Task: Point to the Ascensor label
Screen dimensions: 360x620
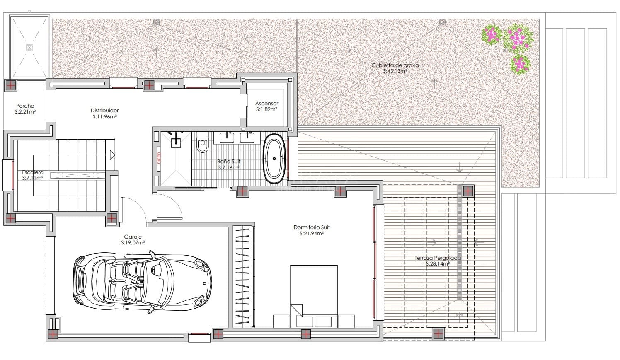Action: pos(266,104)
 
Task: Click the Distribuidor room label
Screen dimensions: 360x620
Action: pos(104,111)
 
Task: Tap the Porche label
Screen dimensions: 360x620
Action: pos(25,106)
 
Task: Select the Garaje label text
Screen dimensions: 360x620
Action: pos(133,237)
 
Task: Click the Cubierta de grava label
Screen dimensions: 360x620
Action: pos(395,65)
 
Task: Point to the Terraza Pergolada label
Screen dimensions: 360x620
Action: pos(438,258)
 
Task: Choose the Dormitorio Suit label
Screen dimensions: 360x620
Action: pos(312,227)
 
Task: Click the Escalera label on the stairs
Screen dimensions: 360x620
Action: pos(33,172)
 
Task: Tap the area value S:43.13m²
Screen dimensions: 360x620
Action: pos(395,71)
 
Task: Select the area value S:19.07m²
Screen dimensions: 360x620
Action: pos(133,243)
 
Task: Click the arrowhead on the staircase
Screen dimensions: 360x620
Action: pos(112,155)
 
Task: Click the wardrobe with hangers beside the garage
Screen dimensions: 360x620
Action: pos(243,275)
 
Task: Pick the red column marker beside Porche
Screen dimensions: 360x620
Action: pos(10,86)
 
